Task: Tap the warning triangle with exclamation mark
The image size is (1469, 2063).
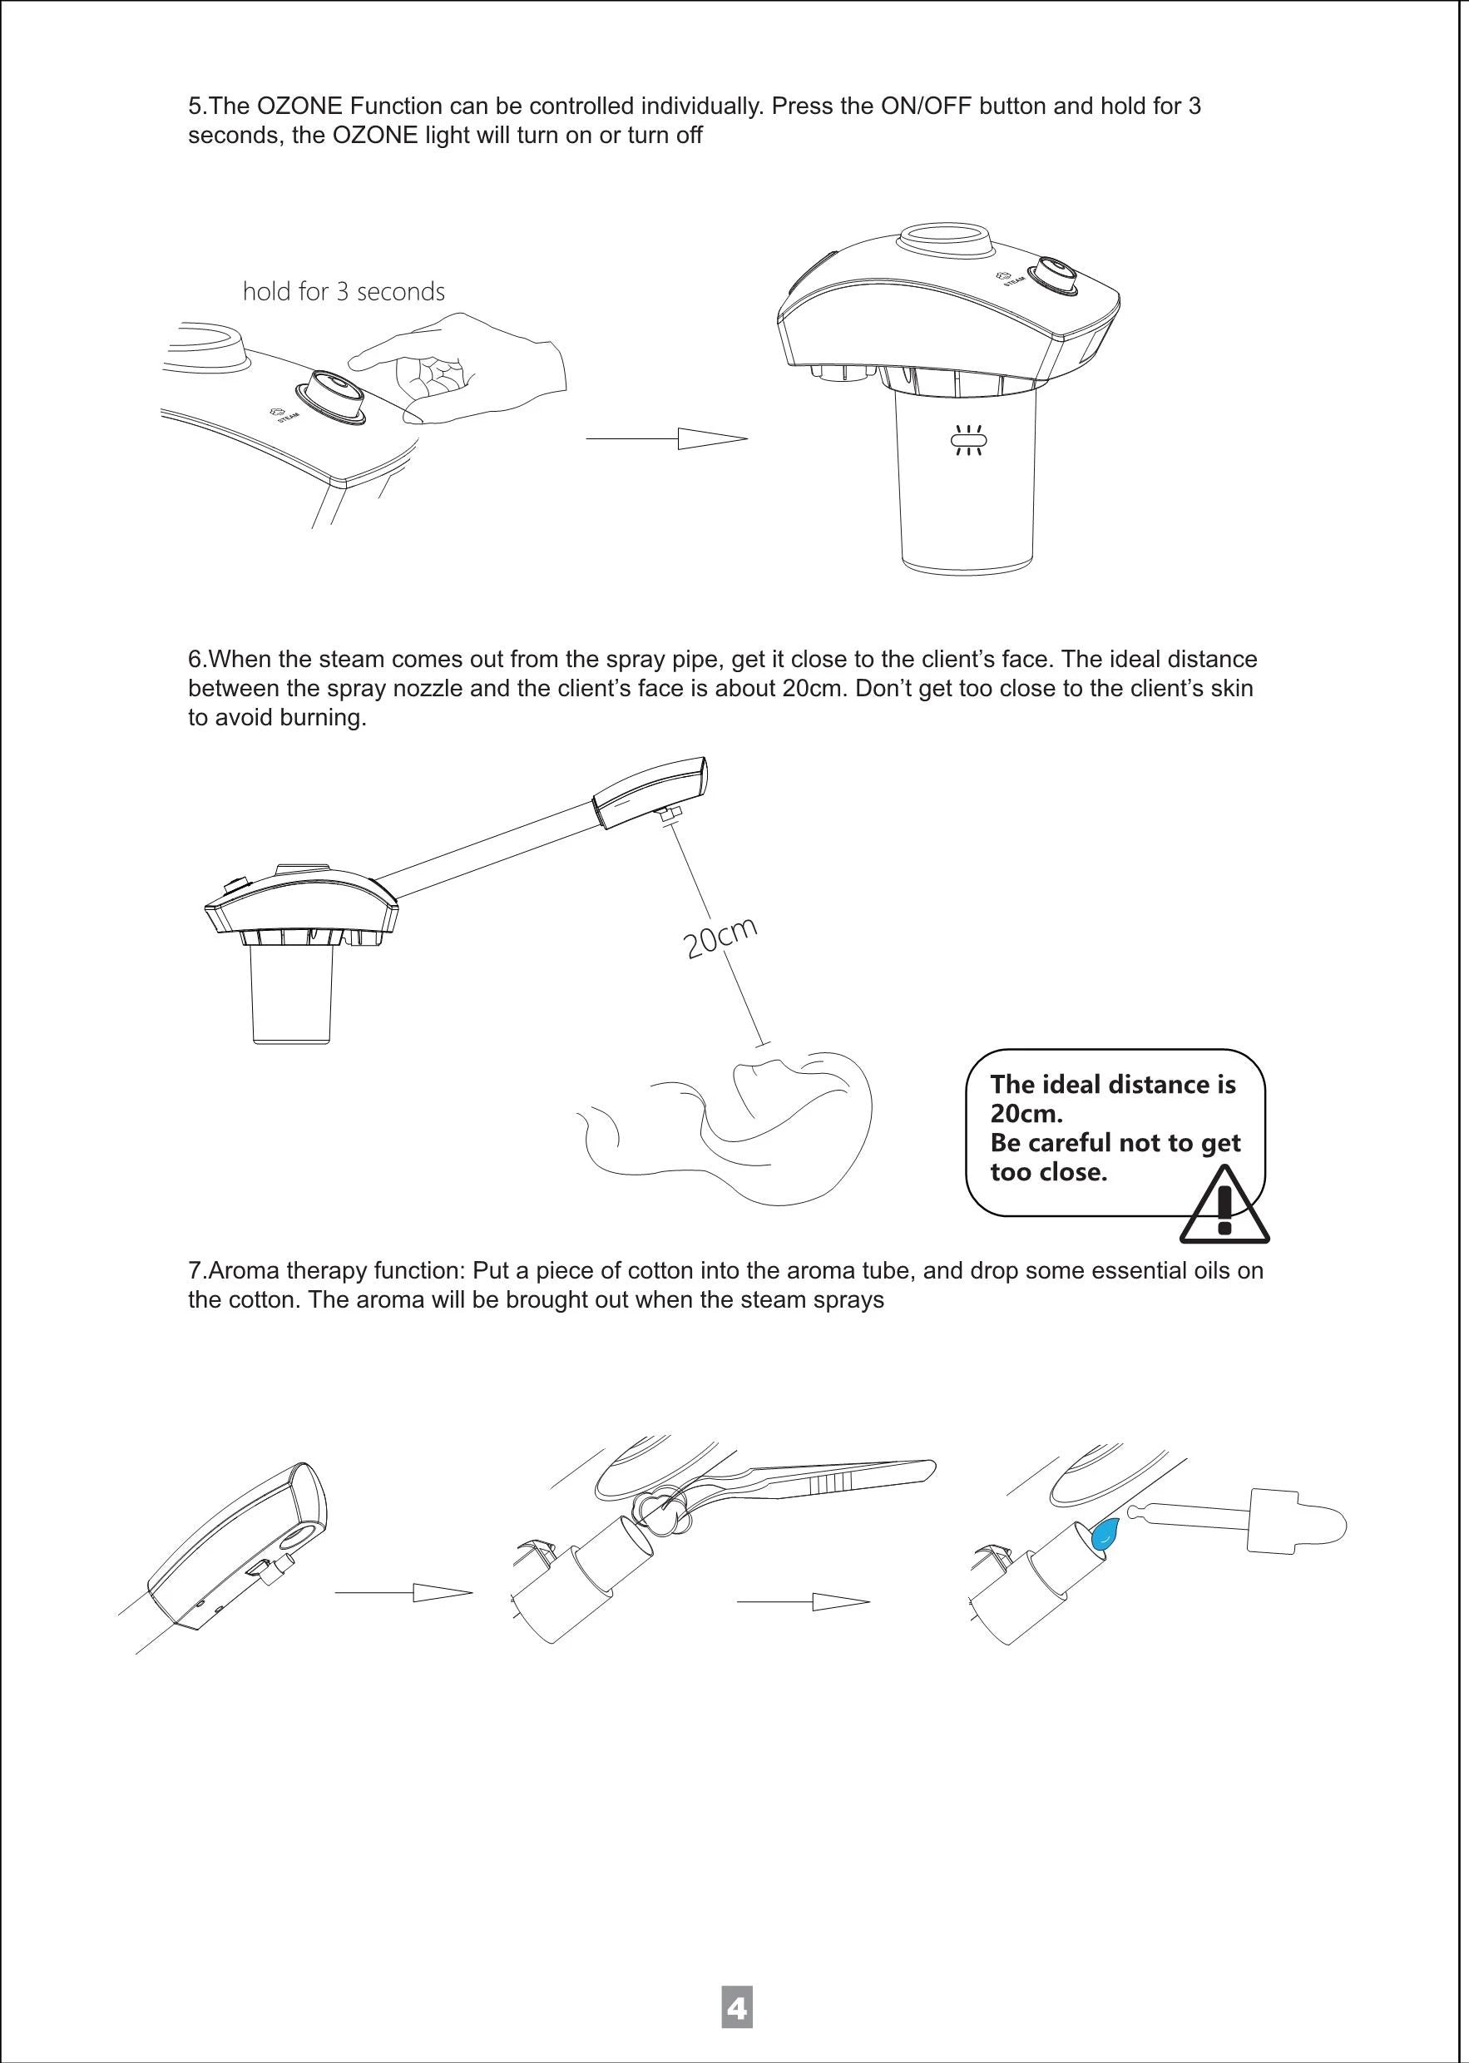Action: (1224, 1206)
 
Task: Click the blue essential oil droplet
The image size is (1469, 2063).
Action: (1104, 1535)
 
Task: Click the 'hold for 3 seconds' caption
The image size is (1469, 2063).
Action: (344, 291)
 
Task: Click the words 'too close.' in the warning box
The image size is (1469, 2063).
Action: (1048, 1173)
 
